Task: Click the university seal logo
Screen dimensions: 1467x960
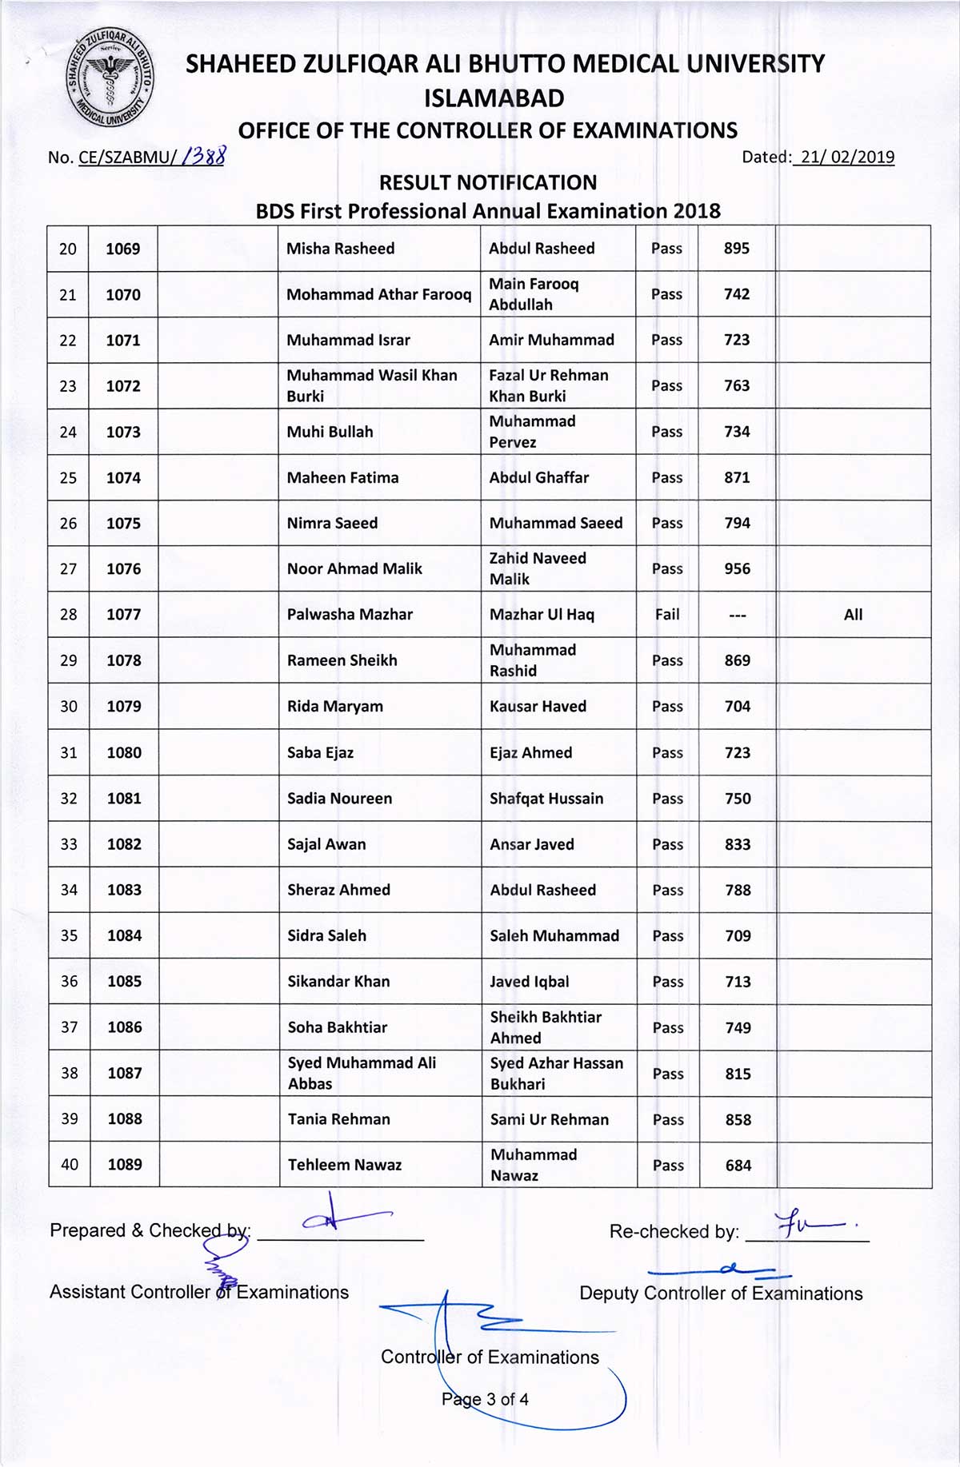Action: (110, 78)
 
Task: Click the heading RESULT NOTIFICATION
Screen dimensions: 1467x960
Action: (488, 183)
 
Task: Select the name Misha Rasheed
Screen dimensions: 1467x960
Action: (340, 249)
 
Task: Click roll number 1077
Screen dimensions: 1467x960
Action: (123, 615)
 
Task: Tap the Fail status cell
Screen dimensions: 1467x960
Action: (667, 615)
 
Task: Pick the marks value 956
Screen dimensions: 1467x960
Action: (737, 568)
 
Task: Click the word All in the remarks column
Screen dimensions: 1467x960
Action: (853, 615)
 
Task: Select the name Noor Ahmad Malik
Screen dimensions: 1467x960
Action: (354, 568)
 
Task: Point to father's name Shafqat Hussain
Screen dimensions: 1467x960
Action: (546, 798)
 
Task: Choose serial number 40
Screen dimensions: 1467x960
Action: (70, 1165)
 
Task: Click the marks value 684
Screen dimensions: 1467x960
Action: (738, 1166)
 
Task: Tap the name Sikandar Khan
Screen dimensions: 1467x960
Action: (338, 982)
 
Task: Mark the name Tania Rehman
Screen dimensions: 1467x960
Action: (338, 1119)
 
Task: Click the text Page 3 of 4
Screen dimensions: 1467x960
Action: (485, 1399)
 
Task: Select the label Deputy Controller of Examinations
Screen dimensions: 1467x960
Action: (721, 1294)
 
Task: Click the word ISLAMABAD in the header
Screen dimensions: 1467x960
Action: (494, 98)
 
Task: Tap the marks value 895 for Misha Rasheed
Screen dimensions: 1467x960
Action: (736, 249)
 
